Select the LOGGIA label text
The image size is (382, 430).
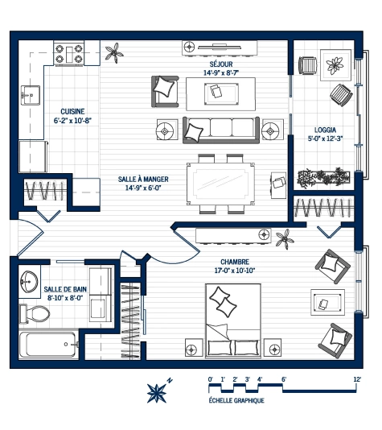[326, 129]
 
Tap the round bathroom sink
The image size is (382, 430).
[30, 281]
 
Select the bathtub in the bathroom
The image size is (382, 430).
[50, 345]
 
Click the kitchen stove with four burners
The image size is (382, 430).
[69, 54]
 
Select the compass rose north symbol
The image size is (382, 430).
[157, 392]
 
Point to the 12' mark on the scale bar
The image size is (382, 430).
[356, 378]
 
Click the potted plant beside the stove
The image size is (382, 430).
[116, 53]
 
